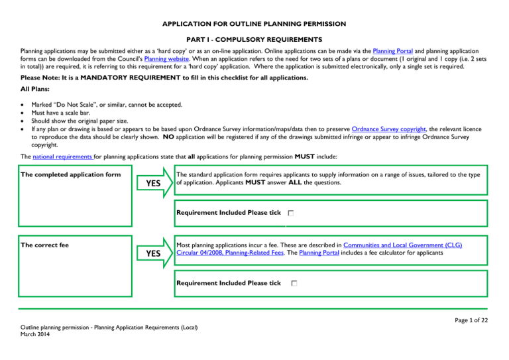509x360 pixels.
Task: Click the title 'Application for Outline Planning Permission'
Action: click(x=254, y=24)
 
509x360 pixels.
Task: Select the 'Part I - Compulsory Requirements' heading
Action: click(x=254, y=39)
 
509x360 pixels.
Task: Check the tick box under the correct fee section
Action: click(x=294, y=284)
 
